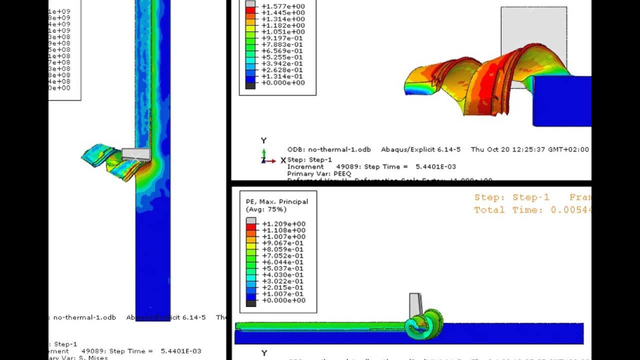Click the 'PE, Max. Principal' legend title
pyautogui.click(x=277, y=201)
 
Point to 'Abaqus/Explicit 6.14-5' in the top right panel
pyautogui.click(x=420, y=149)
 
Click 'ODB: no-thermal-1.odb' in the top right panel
pyautogui.click(x=329, y=149)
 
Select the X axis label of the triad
pyautogui.click(x=283, y=160)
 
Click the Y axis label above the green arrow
pyautogui.click(x=263, y=140)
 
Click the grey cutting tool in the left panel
pyautogui.click(x=136, y=154)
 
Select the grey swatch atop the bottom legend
pyautogui.click(x=251, y=221)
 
